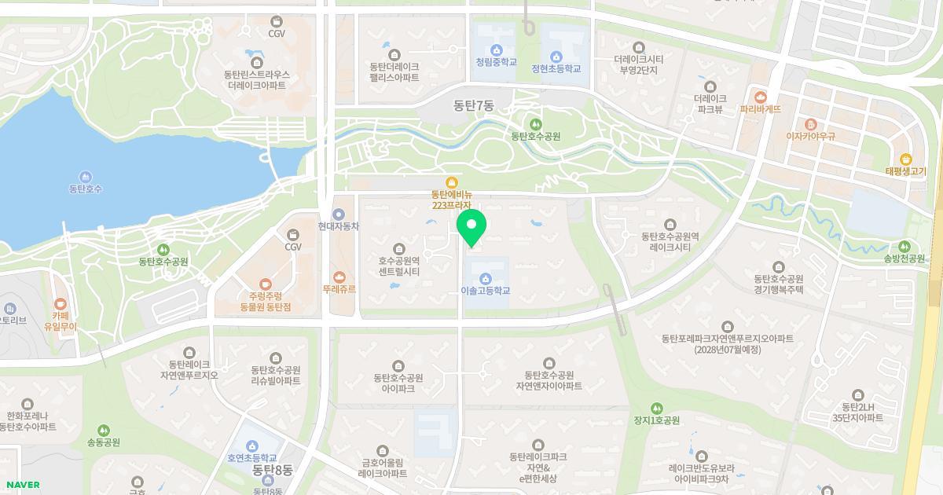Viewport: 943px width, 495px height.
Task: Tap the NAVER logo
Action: [x=21, y=485]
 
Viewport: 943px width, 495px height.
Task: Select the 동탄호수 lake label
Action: [x=86, y=189]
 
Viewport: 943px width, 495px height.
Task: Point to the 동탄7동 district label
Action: [x=473, y=104]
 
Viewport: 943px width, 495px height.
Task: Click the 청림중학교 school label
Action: [x=496, y=62]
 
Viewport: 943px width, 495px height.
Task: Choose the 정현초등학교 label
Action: [x=556, y=68]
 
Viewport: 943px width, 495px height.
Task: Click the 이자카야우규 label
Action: [x=810, y=136]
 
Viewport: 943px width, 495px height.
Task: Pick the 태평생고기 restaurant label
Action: [x=905, y=171]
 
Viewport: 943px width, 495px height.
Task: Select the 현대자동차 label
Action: [x=339, y=225]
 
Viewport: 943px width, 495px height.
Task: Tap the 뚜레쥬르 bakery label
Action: [x=339, y=288]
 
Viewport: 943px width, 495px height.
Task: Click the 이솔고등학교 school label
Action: [x=485, y=291]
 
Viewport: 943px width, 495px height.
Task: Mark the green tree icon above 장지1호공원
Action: [x=656, y=408]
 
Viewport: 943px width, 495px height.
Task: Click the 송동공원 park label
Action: [x=104, y=442]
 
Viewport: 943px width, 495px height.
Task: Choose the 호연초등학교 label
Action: [x=252, y=457]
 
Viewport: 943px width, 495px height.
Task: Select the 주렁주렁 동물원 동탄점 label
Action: [x=264, y=302]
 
